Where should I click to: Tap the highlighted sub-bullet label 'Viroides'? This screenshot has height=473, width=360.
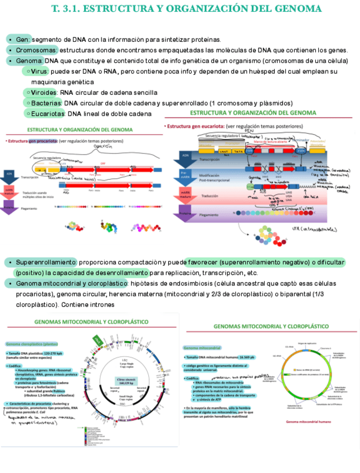pos(45,93)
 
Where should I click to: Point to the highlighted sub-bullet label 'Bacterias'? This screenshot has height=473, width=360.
pos(47,103)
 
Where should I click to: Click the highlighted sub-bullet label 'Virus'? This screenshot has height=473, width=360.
pos(40,71)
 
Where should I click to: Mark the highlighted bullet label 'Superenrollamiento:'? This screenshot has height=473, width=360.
pos(46,262)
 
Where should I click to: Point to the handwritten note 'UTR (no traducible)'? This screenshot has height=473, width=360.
pos(315,229)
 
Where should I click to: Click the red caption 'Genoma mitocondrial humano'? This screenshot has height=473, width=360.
pos(309,422)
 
